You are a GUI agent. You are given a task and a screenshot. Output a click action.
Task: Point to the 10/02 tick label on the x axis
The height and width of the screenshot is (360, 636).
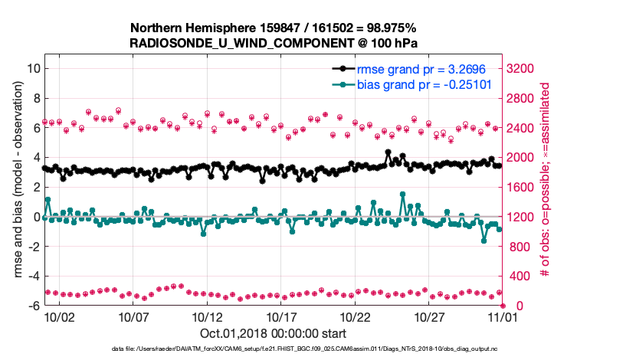[x=59, y=316]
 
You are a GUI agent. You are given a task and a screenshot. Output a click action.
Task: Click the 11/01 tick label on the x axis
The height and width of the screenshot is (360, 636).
[x=503, y=316]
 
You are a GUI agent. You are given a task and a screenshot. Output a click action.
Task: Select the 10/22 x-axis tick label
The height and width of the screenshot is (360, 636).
[x=355, y=316]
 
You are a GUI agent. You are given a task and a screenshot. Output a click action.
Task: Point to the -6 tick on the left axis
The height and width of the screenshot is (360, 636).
[x=34, y=306]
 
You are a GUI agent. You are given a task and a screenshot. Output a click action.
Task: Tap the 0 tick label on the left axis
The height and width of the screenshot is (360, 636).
[x=36, y=217]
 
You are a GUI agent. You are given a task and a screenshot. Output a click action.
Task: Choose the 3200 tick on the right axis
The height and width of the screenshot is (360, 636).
[x=521, y=68]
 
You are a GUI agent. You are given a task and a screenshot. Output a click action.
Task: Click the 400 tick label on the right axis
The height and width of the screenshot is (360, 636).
[x=518, y=276]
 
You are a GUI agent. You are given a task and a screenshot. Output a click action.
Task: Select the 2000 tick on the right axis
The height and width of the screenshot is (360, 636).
[x=521, y=157]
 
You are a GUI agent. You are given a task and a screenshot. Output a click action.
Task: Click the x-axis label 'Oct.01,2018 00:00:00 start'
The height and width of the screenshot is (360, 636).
[x=273, y=333]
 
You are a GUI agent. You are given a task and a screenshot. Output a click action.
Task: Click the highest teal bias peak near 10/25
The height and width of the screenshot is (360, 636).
[x=402, y=195]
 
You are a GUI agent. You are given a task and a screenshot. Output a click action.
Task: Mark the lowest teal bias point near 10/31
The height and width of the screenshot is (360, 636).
[x=484, y=241]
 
